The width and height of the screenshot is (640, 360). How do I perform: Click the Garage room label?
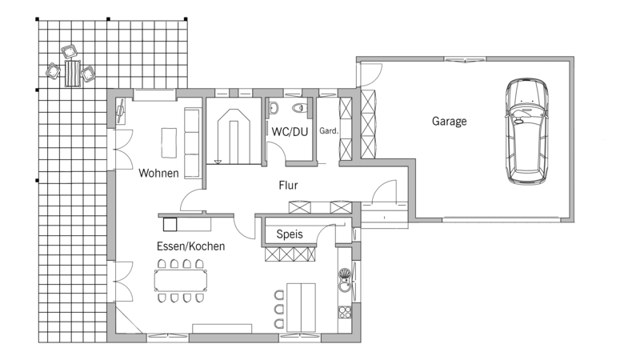pyautogui.click(x=449, y=122)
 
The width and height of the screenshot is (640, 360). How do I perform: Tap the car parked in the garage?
pyautogui.click(x=527, y=131)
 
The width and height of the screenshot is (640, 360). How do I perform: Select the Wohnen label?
pyautogui.click(x=158, y=173)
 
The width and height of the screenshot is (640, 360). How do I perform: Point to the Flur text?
pyautogui.click(x=288, y=186)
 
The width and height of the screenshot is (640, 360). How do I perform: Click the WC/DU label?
pyautogui.click(x=290, y=132)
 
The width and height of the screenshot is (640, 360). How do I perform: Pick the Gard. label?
pyautogui.click(x=329, y=130)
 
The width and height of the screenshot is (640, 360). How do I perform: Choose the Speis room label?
pyautogui.click(x=290, y=234)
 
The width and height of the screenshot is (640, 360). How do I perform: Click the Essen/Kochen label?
pyautogui.click(x=190, y=246)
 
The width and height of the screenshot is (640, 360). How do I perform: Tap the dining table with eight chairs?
pyautogui.click(x=181, y=281)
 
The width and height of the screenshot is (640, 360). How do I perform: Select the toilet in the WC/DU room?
pyautogui.click(x=301, y=108)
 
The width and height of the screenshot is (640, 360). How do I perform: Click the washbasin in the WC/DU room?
pyautogui.click(x=274, y=108)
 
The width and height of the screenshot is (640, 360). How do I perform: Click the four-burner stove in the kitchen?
pyautogui.click(x=345, y=312)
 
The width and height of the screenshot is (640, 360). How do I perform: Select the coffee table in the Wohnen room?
pyautogui.click(x=169, y=143)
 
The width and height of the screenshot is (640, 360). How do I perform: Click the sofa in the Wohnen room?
pyautogui.click(x=193, y=143)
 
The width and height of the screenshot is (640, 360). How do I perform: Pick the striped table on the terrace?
pyautogui.click(x=72, y=74)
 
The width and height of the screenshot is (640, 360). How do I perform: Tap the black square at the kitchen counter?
pyautogui.click(x=170, y=225)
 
